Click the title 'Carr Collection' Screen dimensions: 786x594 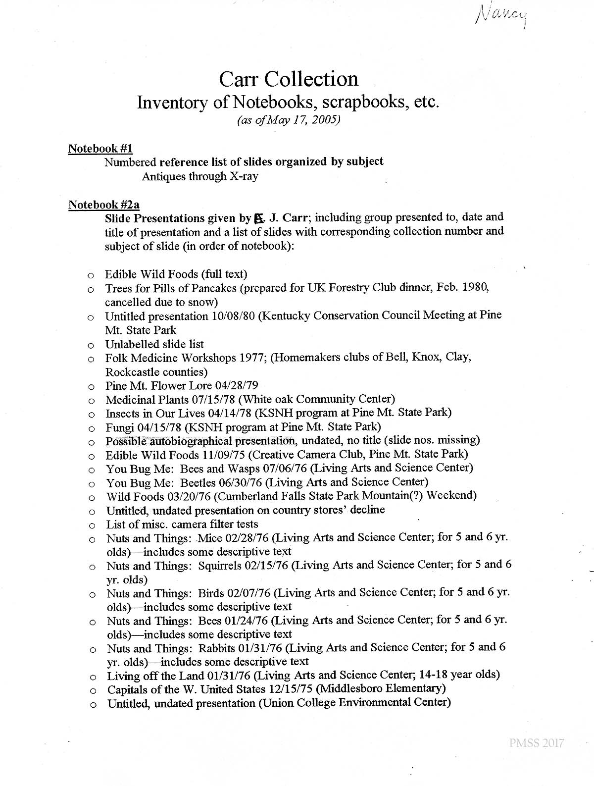pos(289,79)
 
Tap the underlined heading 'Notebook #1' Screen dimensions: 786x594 pos(100,148)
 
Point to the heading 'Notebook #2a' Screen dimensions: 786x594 pos(104,204)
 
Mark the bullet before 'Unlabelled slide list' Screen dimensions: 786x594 pos(91,345)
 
